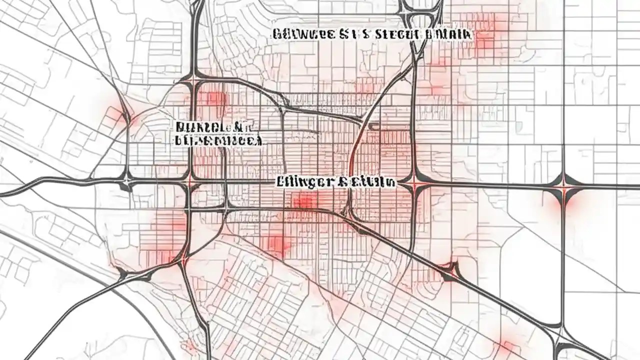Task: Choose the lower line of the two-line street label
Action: (x=218, y=141)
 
